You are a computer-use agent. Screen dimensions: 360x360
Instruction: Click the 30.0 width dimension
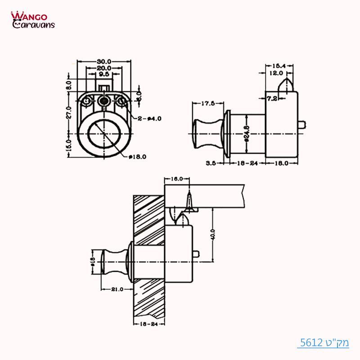pos(104,61)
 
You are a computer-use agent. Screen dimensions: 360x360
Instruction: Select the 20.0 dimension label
pos(104,68)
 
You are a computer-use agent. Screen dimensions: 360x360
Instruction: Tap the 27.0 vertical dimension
pos(69,111)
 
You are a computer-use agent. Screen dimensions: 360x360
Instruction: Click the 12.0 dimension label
pos(276,72)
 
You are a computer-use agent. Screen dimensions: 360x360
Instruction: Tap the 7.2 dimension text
pos(271,98)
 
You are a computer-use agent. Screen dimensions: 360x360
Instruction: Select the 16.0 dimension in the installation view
pos(177,179)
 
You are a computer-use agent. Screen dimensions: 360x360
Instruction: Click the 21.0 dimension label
pos(116,289)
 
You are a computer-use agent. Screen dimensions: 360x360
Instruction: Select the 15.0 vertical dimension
pos(69,145)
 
